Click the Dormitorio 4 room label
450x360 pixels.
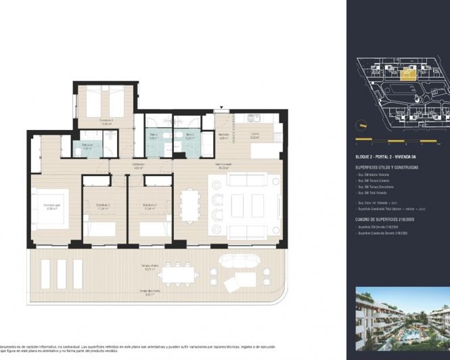click(x=107, y=122)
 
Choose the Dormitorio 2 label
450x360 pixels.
click(x=103, y=207)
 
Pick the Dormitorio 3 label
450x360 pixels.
click(x=150, y=207)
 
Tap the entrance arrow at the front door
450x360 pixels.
click(x=221, y=108)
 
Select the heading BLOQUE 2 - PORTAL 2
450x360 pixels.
click(x=384, y=157)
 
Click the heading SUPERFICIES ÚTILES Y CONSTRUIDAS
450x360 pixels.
click(x=387, y=167)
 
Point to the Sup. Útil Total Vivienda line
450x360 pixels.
click(x=379, y=193)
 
